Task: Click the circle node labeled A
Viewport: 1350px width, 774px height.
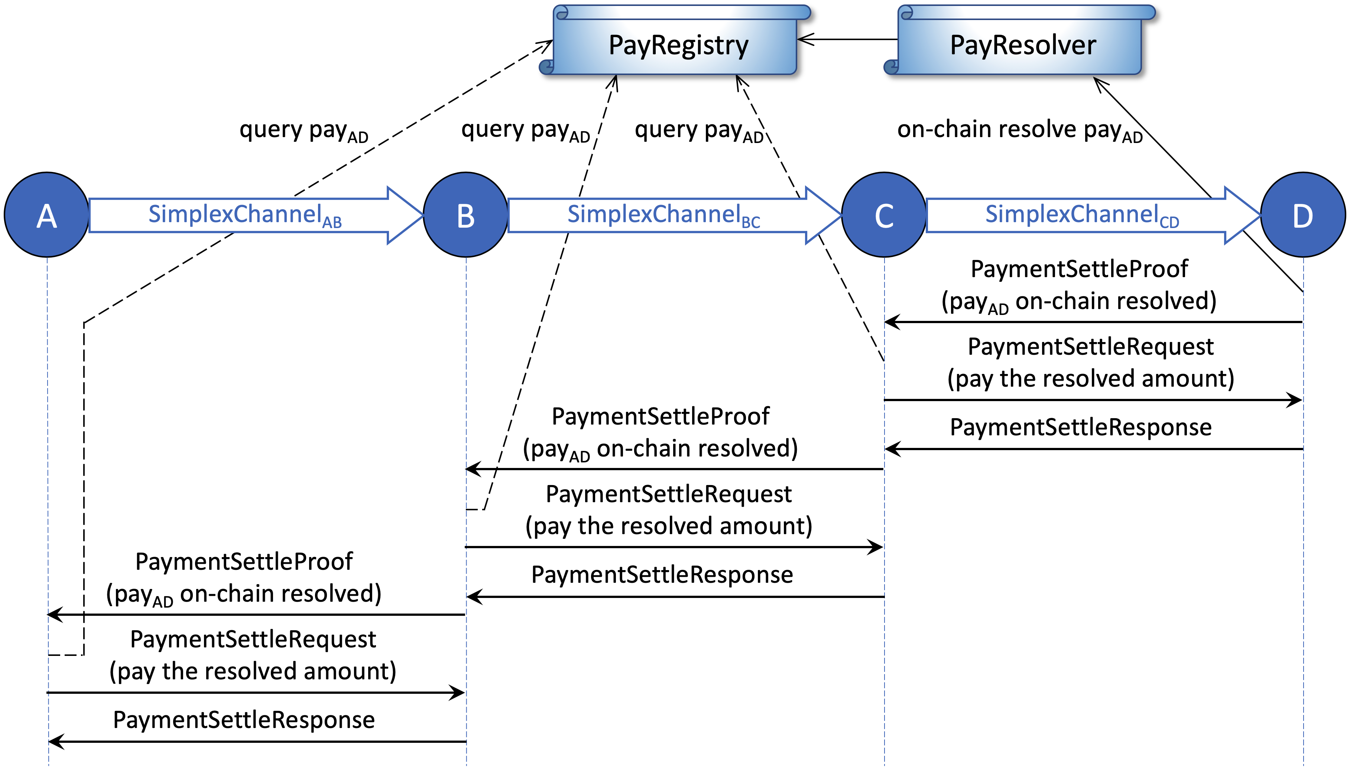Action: coord(47,215)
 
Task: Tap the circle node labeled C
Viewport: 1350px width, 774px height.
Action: coord(884,215)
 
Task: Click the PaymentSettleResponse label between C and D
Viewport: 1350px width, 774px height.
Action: coord(1080,427)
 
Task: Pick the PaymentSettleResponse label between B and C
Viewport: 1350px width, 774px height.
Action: coord(662,575)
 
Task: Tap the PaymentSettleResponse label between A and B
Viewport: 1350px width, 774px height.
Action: coord(244,720)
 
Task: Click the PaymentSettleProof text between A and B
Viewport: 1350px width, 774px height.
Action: coord(244,561)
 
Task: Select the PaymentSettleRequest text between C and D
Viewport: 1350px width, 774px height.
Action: coord(1090,347)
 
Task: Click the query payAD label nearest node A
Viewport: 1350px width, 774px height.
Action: coord(304,131)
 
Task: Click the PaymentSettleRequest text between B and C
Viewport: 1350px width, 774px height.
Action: coord(668,494)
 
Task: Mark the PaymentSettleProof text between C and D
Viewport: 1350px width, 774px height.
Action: coord(1079,269)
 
